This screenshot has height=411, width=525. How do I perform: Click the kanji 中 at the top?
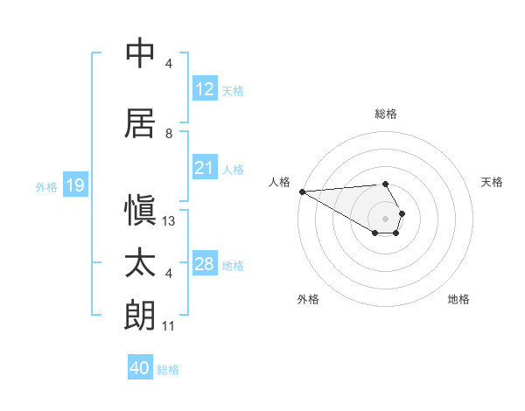pos(141,53)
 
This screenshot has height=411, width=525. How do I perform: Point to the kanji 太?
pos(141,263)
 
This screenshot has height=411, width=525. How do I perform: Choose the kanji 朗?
pos(141,316)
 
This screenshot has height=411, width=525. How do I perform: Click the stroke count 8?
pos(169,134)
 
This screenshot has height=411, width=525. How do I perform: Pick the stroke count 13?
pos(169,221)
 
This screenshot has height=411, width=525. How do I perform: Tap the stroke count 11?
pos(169,326)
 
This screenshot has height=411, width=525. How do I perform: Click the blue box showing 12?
pos(204,88)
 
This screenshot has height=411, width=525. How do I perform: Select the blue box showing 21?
pos(204,167)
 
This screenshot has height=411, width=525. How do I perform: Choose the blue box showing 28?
pos(204,263)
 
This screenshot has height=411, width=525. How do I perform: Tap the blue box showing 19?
pos(74,185)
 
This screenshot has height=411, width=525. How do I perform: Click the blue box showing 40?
pos(140,368)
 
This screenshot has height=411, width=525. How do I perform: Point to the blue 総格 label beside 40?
pos(168,370)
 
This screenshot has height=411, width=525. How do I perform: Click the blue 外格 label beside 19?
pos(46,186)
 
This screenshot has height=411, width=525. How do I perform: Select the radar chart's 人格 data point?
pos(302,192)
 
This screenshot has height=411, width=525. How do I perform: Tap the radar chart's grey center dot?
pos(385,218)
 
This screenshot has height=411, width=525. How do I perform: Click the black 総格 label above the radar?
pos(385,114)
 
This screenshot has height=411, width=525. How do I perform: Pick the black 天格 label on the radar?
pos(493,182)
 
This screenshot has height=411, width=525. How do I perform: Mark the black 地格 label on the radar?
pos(458,299)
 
